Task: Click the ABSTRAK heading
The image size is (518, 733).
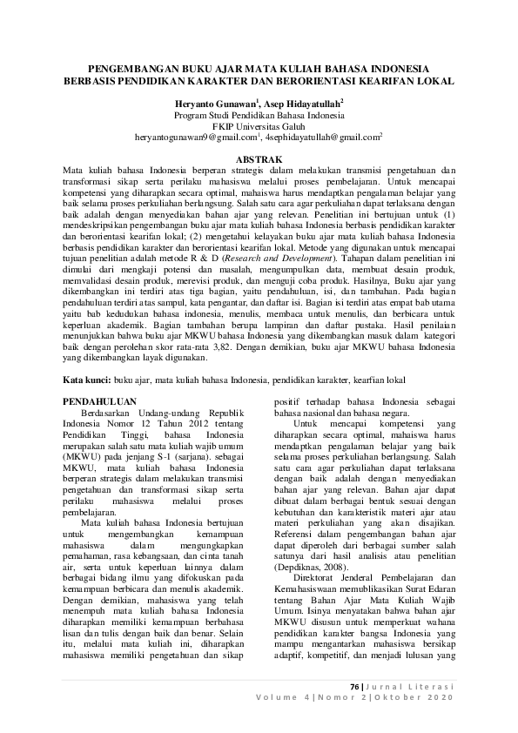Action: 259,158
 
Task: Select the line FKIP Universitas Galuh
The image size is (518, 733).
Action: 259,125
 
